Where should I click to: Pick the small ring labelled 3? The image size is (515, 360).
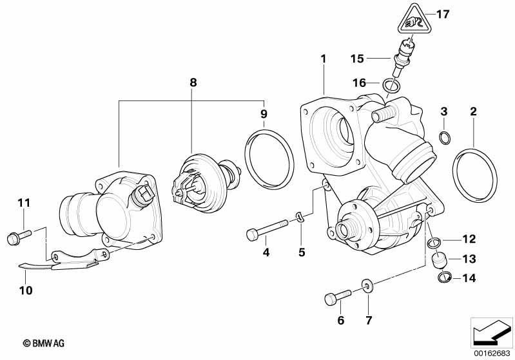pyautogui.click(x=444, y=137)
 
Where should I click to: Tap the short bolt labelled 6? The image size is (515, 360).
pyautogui.click(x=336, y=298)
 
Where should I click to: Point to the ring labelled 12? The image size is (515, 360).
pyautogui.click(x=434, y=242)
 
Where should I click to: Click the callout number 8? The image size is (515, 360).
pyautogui.click(x=192, y=82)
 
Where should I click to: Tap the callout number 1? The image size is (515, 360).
pyautogui.click(x=324, y=59)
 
